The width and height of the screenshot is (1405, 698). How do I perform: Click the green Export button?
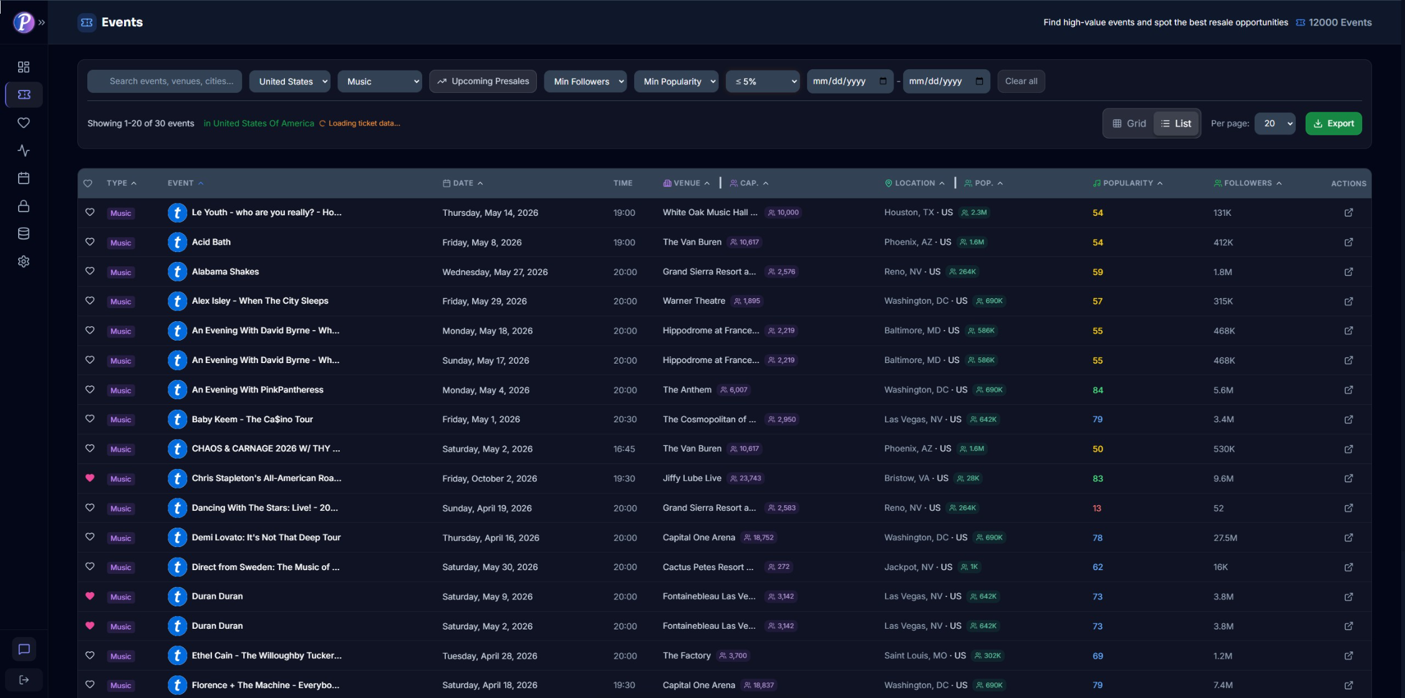[x=1333, y=124]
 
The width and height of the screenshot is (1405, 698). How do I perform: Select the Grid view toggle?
[x=1129, y=124]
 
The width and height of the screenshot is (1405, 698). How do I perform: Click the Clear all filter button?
[x=1021, y=81]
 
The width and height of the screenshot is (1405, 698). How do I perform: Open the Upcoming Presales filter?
[x=483, y=81]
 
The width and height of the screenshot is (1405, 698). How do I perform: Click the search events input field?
[x=171, y=81]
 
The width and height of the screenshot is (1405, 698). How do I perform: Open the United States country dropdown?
[x=290, y=81]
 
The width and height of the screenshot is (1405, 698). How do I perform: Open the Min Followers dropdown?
[x=585, y=81]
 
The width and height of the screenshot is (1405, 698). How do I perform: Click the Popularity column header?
[x=1127, y=183]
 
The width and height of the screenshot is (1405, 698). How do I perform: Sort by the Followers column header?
[x=1247, y=183]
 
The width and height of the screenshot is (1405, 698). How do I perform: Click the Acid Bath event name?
[x=211, y=242]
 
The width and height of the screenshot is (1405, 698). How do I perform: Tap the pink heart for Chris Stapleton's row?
[x=90, y=478]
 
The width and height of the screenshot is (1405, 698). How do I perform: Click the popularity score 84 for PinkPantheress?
[x=1098, y=390]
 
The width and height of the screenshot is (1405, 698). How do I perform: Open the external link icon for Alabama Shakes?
[x=1348, y=272]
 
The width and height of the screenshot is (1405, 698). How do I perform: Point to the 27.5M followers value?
[x=1225, y=538]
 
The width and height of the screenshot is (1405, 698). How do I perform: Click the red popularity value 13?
[x=1097, y=508]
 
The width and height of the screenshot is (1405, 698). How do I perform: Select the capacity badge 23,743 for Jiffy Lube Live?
[x=746, y=478]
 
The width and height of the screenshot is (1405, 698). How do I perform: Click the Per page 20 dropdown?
[x=1275, y=124]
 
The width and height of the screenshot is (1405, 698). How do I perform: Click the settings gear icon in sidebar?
[x=24, y=261]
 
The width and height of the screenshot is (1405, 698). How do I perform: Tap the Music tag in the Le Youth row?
[x=120, y=213]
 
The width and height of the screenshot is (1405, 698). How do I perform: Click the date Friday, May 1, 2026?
[x=481, y=419]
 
